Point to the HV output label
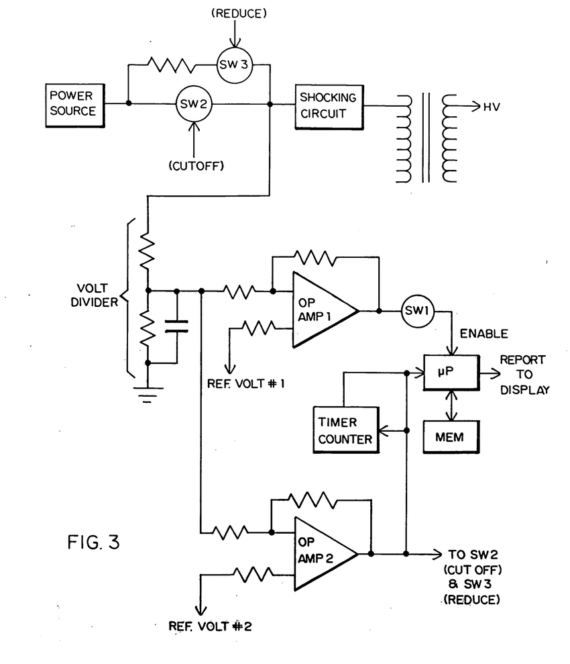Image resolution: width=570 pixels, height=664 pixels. (x=491, y=107)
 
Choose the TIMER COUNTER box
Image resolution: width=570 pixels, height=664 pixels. (x=344, y=429)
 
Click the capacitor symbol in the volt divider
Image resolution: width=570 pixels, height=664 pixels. (x=176, y=327)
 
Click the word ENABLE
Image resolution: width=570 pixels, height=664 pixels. (x=483, y=334)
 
